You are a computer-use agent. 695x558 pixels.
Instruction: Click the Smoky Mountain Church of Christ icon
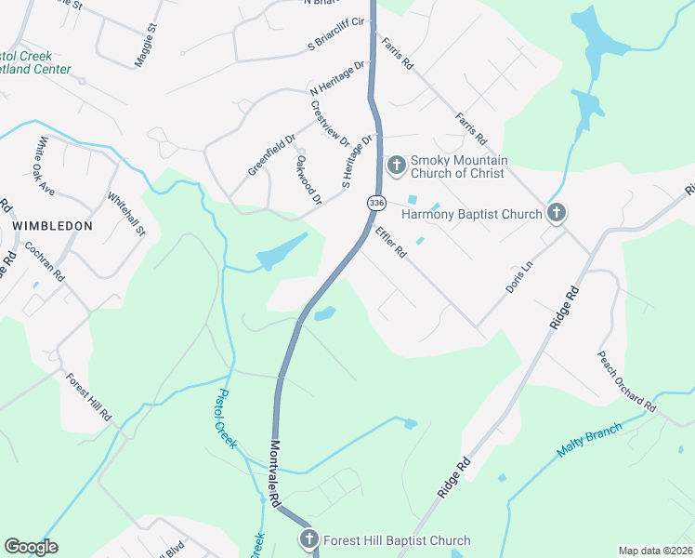(x=396, y=166)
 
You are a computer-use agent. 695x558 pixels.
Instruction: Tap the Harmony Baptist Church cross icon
(x=556, y=214)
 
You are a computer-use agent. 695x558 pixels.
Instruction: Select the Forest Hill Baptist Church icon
(x=309, y=540)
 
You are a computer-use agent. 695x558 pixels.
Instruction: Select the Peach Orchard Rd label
(x=627, y=381)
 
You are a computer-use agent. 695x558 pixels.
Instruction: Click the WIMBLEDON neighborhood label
(x=53, y=226)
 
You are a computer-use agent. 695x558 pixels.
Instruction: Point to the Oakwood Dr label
(x=308, y=179)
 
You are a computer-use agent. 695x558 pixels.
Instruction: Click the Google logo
(x=31, y=547)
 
